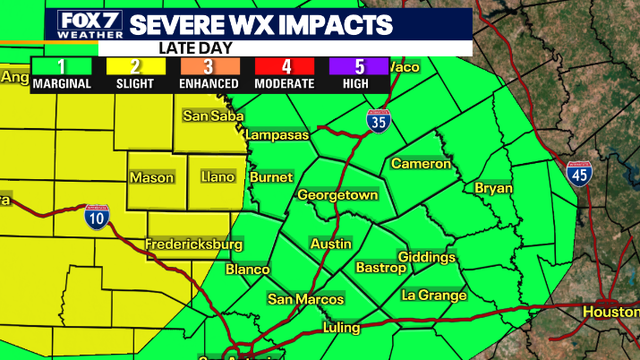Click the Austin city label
(x=330, y=244)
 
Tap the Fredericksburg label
(x=194, y=244)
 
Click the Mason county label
(x=152, y=178)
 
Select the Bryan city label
(x=493, y=188)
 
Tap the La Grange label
(x=433, y=295)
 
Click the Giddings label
(x=427, y=258)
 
